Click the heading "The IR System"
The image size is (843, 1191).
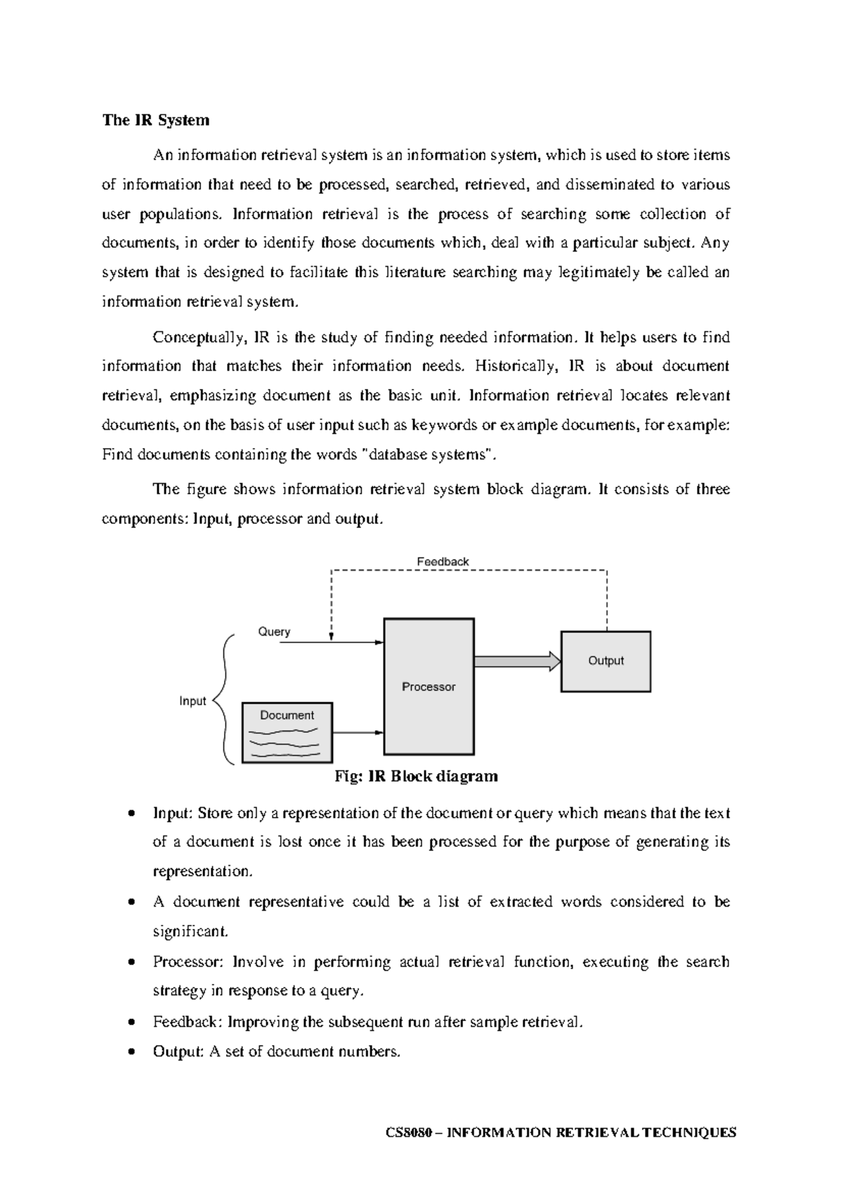155,120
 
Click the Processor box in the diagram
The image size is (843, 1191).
429,686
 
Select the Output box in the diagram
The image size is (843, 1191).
606,661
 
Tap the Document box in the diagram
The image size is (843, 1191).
287,732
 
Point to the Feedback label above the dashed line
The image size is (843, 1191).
443,562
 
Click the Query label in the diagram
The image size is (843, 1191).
274,631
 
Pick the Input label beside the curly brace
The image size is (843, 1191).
192,701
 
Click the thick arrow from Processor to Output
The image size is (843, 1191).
517,661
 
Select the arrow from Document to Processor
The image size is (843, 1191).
358,732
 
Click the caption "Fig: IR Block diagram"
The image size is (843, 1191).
416,776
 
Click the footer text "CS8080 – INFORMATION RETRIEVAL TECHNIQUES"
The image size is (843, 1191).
561,1132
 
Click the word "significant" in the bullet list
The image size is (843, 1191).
190,932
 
